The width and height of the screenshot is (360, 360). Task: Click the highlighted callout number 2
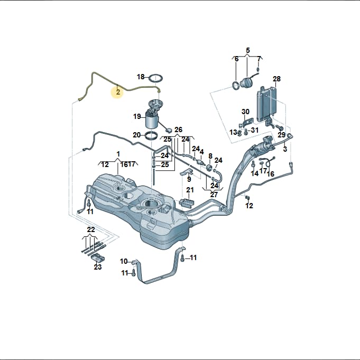coord(118,92)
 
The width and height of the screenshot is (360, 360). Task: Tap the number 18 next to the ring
coord(141,77)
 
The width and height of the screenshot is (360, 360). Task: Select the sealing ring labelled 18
coord(156,78)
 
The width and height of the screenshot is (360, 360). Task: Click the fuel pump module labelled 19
coord(153,114)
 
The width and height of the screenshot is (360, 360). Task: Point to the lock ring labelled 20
coord(152,135)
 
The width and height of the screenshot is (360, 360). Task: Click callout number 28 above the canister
coord(276,79)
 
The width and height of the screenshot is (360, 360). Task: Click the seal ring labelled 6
coord(236,86)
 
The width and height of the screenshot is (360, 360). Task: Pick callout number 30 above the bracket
coord(245,112)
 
